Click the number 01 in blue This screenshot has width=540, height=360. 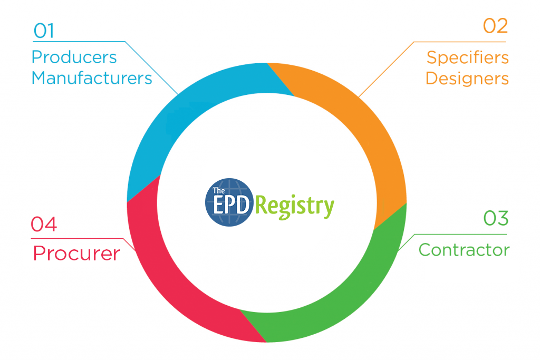44,31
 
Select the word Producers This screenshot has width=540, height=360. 74,57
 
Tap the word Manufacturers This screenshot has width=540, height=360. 92,78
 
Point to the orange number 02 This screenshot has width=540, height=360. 495,26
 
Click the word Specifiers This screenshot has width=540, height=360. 468,57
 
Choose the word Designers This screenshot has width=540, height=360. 467,79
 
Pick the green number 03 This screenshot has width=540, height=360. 496,218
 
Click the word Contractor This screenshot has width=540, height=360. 464,249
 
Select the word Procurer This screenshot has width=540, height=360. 76,254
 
